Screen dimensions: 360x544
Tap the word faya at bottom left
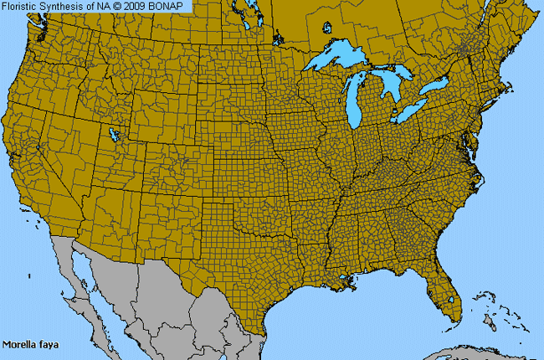point(42,344)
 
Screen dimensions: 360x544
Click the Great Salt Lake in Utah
point(113,133)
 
